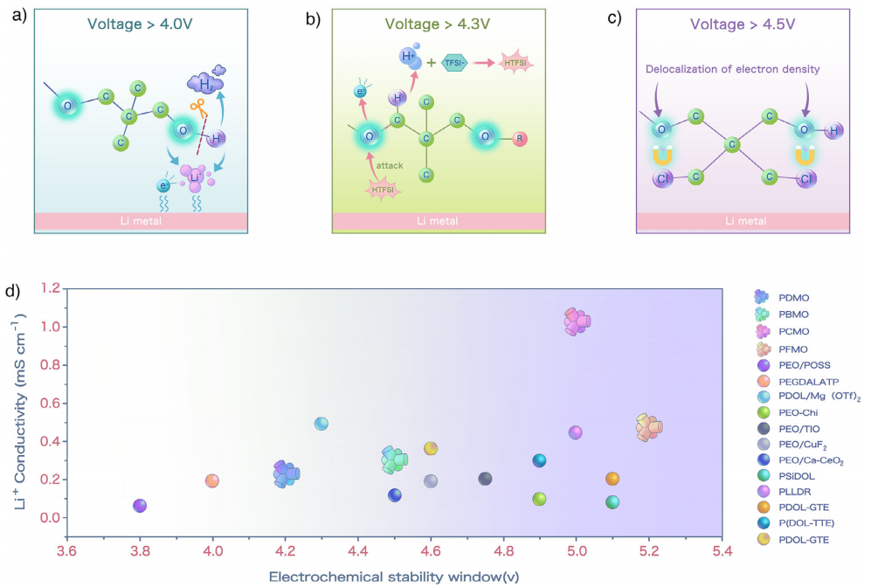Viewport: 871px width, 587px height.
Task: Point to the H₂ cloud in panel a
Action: click(x=206, y=81)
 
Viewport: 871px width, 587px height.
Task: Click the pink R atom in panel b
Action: click(x=519, y=137)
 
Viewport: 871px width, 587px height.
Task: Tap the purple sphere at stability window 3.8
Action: click(x=140, y=506)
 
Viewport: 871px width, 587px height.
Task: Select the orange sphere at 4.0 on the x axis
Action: click(x=212, y=480)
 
